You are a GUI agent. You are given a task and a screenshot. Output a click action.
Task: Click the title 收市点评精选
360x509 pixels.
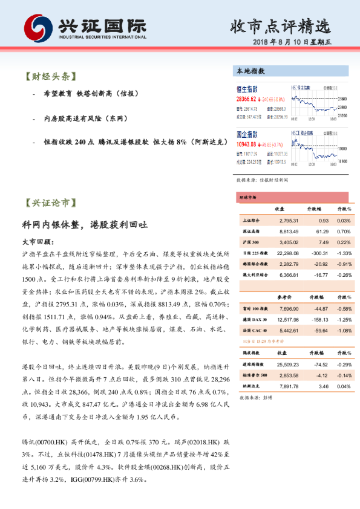[281, 27]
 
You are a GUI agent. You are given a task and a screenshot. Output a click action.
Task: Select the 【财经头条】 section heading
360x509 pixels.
[49, 77]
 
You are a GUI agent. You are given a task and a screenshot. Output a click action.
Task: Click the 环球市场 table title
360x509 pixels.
[247, 198]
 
